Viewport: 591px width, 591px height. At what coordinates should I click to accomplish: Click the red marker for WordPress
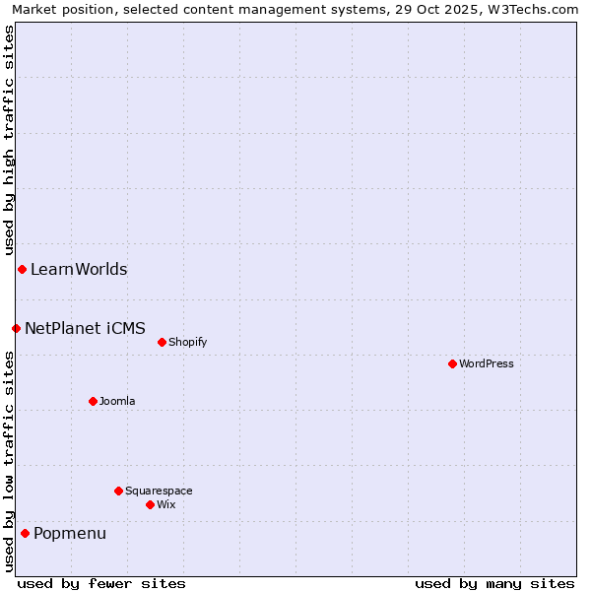pyautogui.click(x=452, y=363)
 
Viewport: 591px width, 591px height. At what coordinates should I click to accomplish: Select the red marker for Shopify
pyautogui.click(x=162, y=342)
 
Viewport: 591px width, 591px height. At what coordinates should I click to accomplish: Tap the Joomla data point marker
pyautogui.click(x=93, y=401)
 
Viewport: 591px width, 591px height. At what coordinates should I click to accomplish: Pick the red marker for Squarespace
pyautogui.click(x=118, y=491)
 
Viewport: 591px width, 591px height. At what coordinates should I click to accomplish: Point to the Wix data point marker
pyautogui.click(x=150, y=504)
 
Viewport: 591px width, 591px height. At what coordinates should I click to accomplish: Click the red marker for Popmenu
pyautogui.click(x=25, y=534)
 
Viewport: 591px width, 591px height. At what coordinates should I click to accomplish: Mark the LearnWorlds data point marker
pyautogui.click(x=22, y=269)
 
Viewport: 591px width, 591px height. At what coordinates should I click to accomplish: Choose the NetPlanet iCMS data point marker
pyautogui.click(x=16, y=328)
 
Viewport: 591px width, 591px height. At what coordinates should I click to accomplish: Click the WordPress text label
pyautogui.click(x=487, y=363)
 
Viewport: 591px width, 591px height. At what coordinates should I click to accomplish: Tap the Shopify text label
pyautogui.click(x=187, y=342)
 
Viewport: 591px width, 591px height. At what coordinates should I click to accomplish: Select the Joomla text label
pyautogui.click(x=117, y=401)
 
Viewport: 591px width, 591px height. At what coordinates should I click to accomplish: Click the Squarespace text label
pyautogui.click(x=159, y=491)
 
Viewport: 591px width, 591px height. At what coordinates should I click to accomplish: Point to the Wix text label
pyautogui.click(x=166, y=504)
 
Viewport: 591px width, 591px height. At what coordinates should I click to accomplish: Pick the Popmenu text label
pyautogui.click(x=70, y=534)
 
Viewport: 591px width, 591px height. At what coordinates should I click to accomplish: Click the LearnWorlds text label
pyautogui.click(x=79, y=269)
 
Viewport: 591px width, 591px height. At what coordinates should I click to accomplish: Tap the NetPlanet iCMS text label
pyautogui.click(x=85, y=328)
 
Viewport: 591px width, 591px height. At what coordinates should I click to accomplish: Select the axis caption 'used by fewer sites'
pyautogui.click(x=101, y=583)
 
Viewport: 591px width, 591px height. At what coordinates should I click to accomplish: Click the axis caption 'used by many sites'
pyautogui.click(x=494, y=583)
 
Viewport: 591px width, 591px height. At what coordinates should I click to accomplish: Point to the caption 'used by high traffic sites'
pyautogui.click(x=9, y=138)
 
